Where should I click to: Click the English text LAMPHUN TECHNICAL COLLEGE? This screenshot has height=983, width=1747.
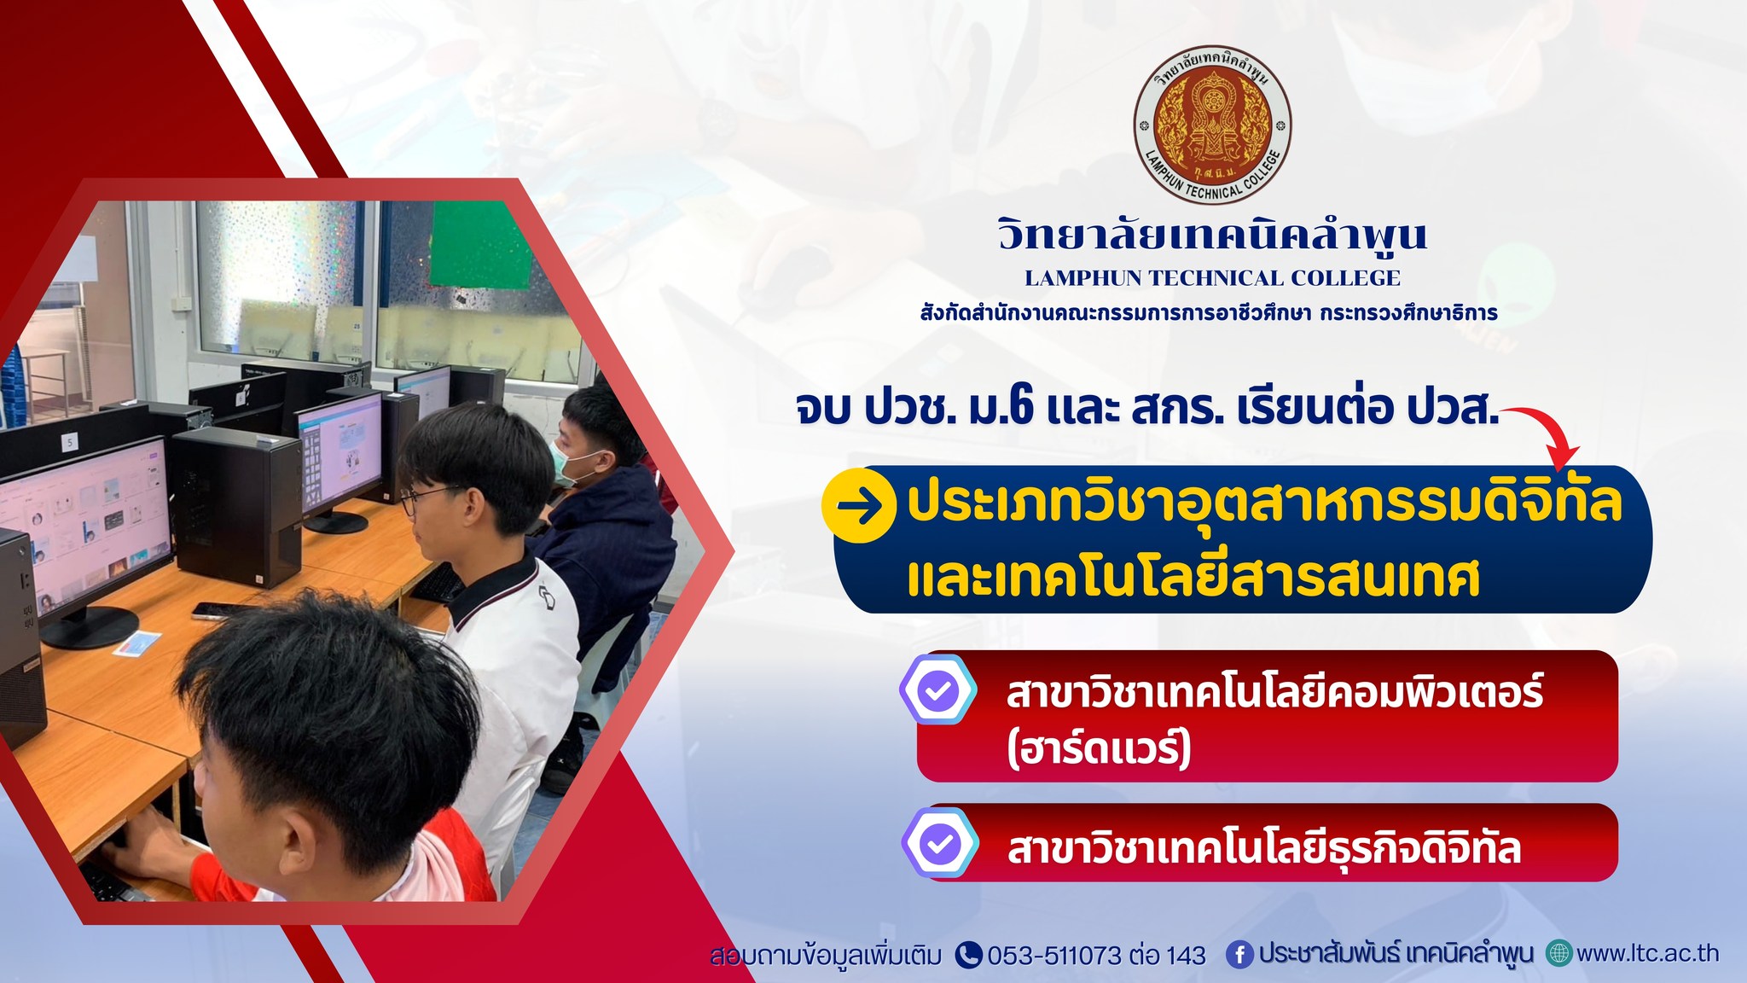tap(1212, 278)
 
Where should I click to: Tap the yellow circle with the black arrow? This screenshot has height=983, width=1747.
tap(858, 505)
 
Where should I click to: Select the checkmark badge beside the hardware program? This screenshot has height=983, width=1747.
tap(938, 689)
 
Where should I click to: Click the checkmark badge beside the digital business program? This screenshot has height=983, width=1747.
tap(940, 842)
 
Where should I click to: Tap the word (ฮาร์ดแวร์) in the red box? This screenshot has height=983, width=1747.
tap(1099, 749)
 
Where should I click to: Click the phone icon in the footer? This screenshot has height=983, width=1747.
tap(968, 955)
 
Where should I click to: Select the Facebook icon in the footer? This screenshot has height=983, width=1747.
tap(1239, 955)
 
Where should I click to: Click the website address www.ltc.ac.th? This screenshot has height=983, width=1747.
tap(1648, 953)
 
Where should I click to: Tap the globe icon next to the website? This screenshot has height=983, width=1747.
tap(1559, 953)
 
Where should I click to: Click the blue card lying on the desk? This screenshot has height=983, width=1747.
tap(138, 643)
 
